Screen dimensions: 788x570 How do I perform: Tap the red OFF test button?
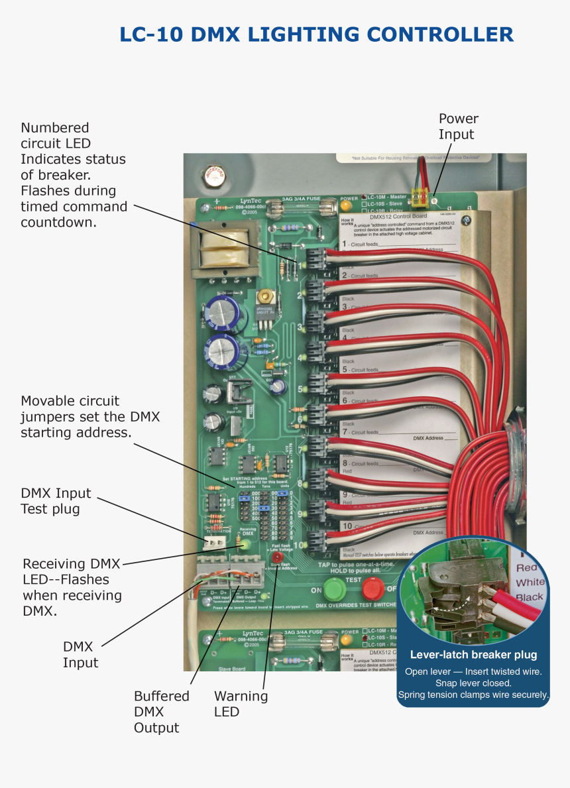(372, 588)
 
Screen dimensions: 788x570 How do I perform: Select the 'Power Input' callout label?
(458, 127)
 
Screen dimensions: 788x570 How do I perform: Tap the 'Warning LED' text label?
(241, 704)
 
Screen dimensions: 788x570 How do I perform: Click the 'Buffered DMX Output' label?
(161, 712)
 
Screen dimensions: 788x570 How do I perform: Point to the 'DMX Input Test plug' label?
(56, 501)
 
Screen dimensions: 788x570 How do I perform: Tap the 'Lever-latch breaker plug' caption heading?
(473, 655)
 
